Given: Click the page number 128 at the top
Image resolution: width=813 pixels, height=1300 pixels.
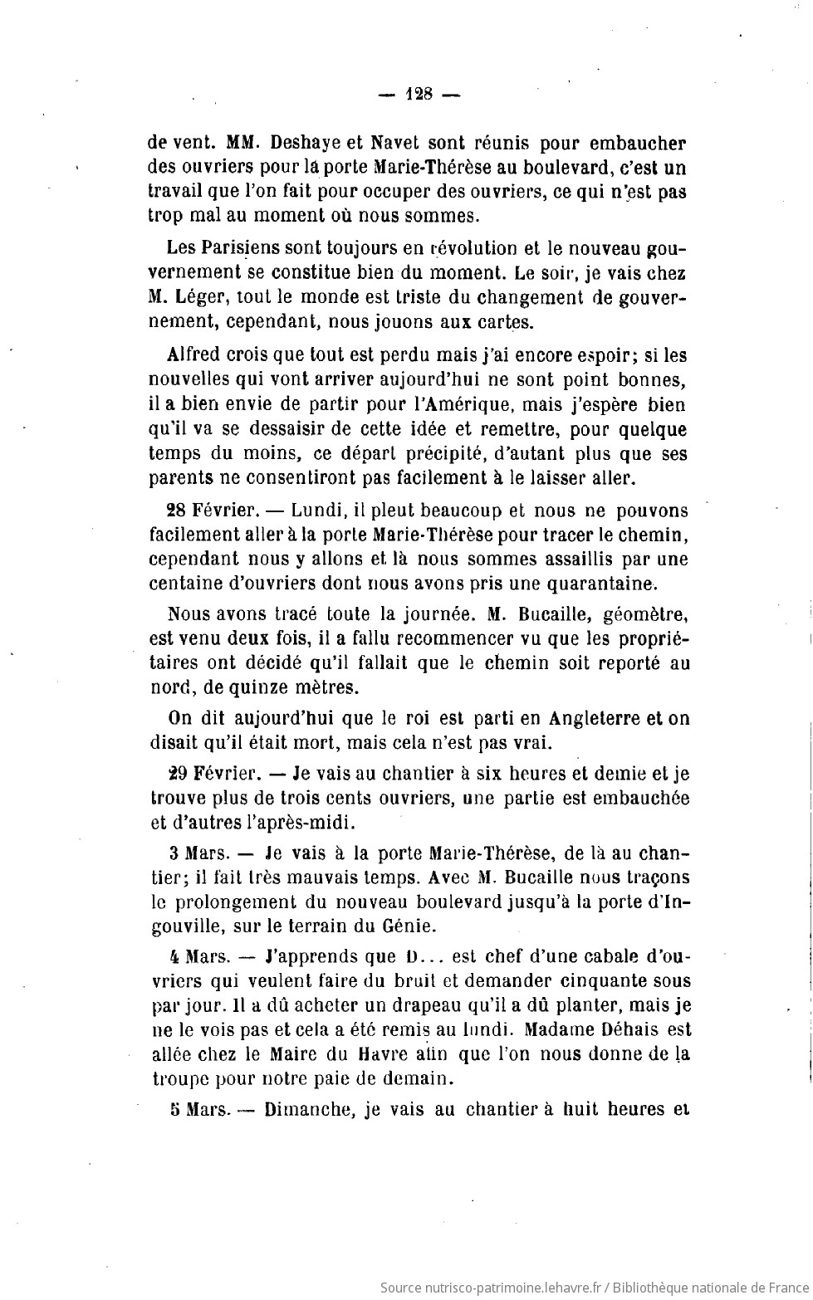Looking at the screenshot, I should tap(419, 94).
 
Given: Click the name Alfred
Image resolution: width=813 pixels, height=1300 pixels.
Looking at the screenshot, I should tap(195, 355).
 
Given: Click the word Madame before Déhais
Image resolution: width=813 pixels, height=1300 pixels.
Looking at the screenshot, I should tap(556, 1030).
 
